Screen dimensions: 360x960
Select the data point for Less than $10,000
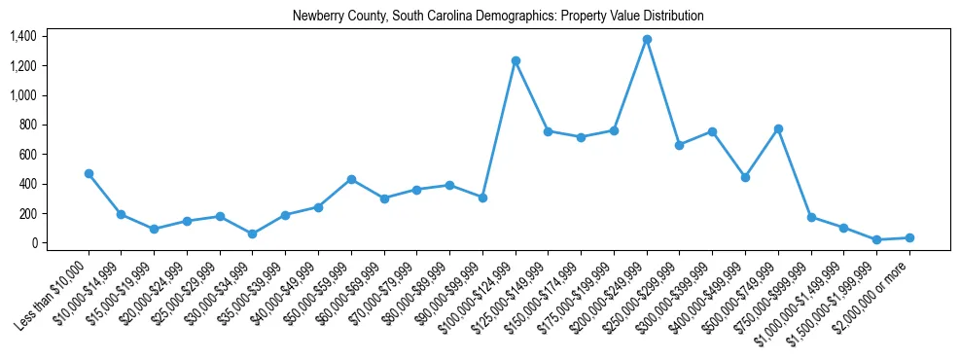[x=89, y=173]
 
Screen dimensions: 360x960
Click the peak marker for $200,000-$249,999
[x=647, y=40]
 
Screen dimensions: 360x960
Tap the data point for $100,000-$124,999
[x=516, y=60]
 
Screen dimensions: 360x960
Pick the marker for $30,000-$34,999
[x=253, y=234]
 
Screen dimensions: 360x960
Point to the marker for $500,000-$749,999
[x=778, y=128]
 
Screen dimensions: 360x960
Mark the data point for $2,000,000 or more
[x=909, y=237]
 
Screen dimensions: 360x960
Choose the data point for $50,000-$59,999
[x=351, y=179]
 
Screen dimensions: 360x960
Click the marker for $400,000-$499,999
[x=745, y=177]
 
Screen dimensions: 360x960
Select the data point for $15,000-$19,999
[x=154, y=229]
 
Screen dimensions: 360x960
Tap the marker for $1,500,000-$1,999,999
[x=876, y=239]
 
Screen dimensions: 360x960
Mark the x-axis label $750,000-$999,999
[x=779, y=292]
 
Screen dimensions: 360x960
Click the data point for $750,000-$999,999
[x=811, y=217]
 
